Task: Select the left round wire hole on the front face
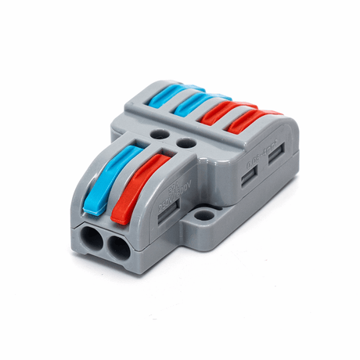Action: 91,240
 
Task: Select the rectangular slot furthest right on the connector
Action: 276,154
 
